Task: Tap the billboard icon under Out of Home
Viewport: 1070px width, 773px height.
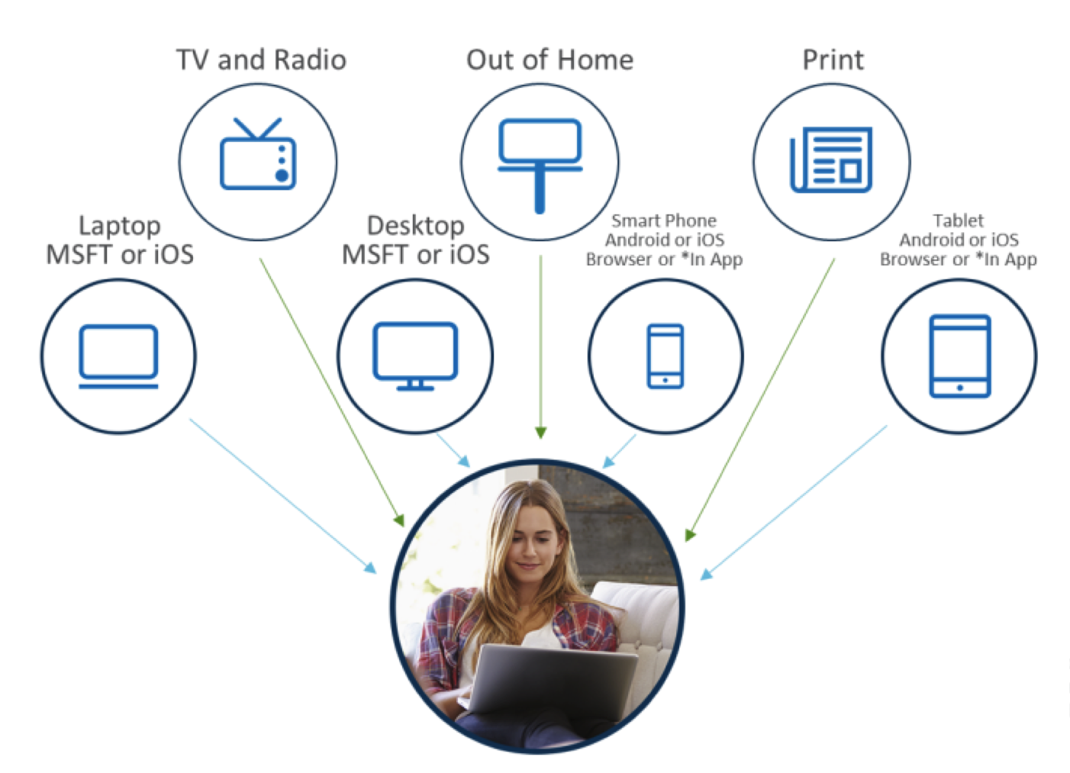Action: [540, 166]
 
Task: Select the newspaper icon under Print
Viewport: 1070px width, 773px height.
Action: [831, 159]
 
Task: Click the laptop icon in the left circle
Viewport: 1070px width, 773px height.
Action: [118, 356]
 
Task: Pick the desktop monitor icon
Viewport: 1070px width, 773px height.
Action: [415, 356]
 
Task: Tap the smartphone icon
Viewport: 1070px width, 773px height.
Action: [665, 356]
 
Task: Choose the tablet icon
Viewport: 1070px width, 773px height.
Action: [960, 356]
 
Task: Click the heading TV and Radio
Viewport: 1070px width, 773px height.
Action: [261, 60]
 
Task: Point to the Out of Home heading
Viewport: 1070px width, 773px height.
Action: [550, 60]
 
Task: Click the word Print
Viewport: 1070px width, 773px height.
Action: [833, 60]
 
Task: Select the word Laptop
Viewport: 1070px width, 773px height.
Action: [119, 227]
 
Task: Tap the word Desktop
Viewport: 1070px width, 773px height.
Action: [416, 227]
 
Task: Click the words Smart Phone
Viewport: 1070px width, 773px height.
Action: [664, 221]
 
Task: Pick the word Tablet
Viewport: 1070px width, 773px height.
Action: [959, 221]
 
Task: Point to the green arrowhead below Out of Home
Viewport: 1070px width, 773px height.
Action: [541, 433]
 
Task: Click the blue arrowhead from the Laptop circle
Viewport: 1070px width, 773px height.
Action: [371, 568]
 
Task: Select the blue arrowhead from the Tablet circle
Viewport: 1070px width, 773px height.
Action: [706, 574]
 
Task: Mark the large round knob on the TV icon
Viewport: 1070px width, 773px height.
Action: [282, 176]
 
